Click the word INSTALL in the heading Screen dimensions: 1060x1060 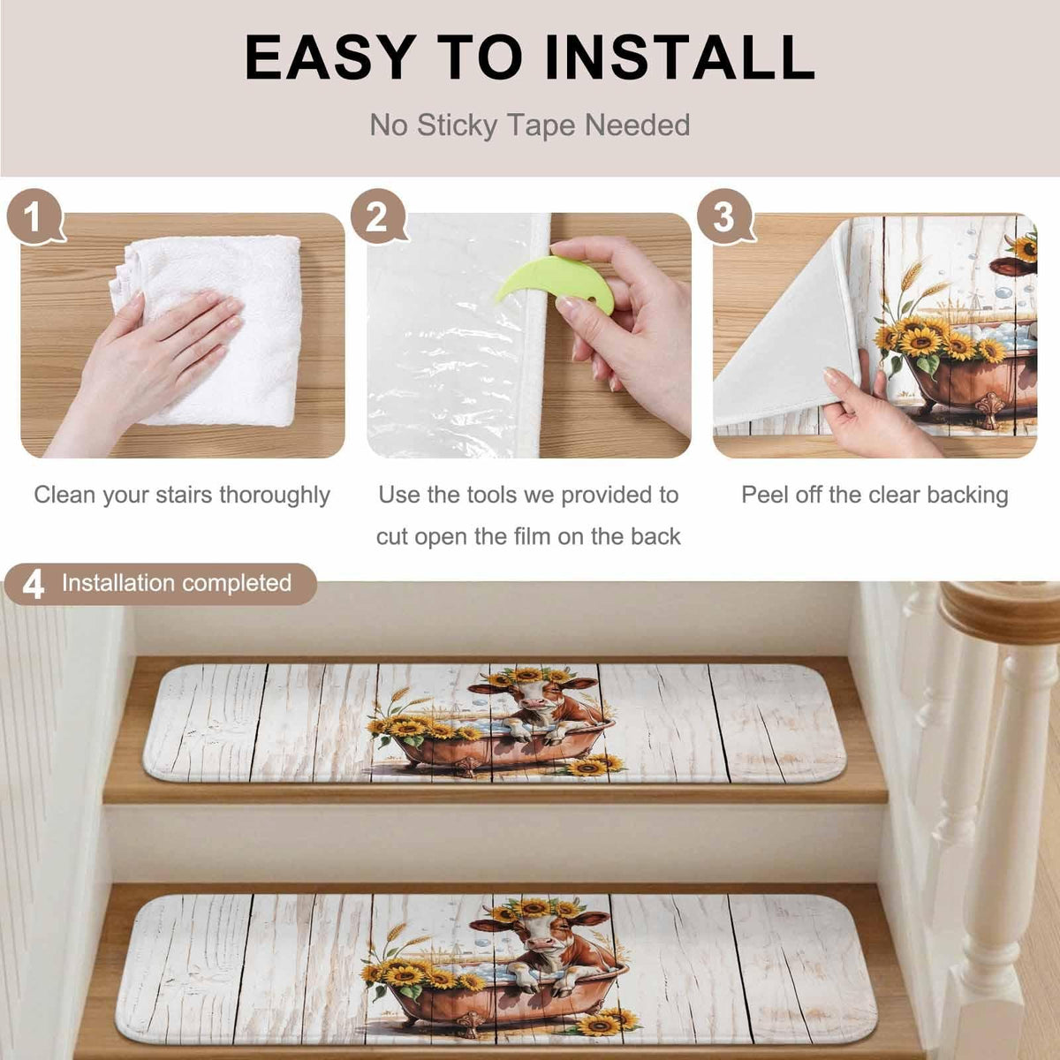click(679, 57)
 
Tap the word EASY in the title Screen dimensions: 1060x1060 click(330, 57)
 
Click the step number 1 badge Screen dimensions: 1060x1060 click(35, 216)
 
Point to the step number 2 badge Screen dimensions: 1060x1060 click(378, 216)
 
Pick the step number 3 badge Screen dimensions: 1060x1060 click(725, 216)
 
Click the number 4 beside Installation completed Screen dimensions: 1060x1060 click(33, 585)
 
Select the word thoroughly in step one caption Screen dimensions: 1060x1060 click(275, 495)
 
